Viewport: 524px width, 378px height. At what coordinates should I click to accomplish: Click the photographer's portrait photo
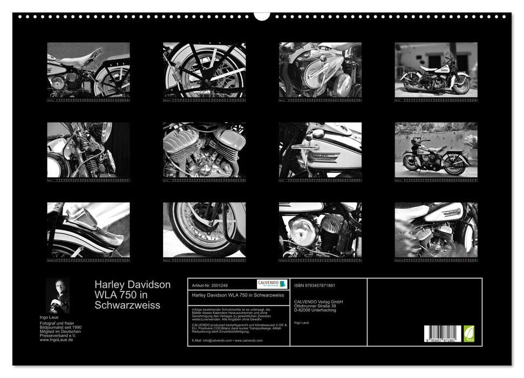[58, 295]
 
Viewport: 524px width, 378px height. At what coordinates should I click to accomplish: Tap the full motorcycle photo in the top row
[435, 70]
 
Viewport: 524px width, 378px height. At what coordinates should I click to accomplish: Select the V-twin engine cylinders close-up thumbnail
[204, 150]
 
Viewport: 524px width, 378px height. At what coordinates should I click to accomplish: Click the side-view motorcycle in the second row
[435, 150]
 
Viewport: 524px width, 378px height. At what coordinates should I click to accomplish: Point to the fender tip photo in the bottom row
[88, 230]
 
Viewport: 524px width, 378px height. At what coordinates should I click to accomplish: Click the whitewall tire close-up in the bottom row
[204, 230]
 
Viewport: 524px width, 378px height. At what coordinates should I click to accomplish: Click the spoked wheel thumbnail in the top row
[204, 70]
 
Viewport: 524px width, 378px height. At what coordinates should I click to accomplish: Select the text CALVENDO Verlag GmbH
[318, 301]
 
